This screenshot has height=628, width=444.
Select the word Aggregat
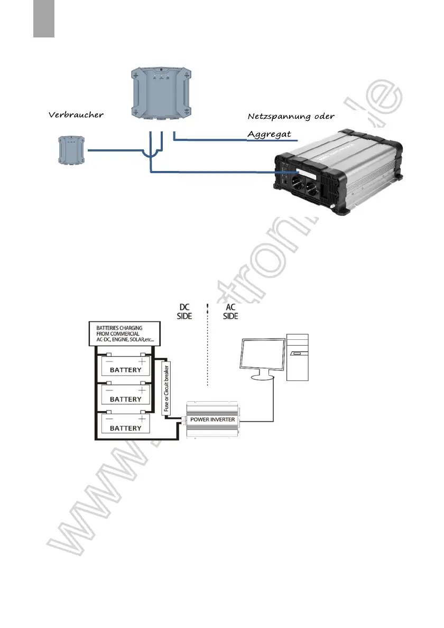(x=270, y=134)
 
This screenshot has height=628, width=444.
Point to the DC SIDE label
(x=185, y=311)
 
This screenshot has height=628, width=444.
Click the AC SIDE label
(x=230, y=311)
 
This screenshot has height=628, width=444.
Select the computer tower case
(x=298, y=357)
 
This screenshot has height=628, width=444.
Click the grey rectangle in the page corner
(x=44, y=18)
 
